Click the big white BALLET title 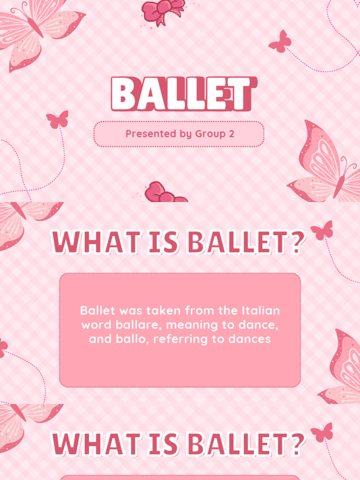point(183,94)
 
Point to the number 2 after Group point(231,134)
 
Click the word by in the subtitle point(185,134)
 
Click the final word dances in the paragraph point(251,339)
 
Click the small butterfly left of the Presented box point(57,120)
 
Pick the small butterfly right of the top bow point(280,41)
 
